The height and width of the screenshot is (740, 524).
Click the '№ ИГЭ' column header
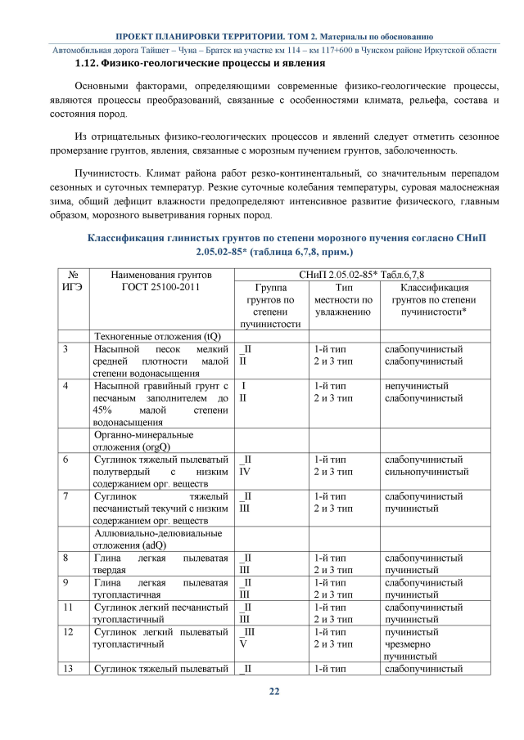point(72,281)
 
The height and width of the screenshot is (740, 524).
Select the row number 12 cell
point(66,632)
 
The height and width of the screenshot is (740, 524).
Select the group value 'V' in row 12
point(242,644)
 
